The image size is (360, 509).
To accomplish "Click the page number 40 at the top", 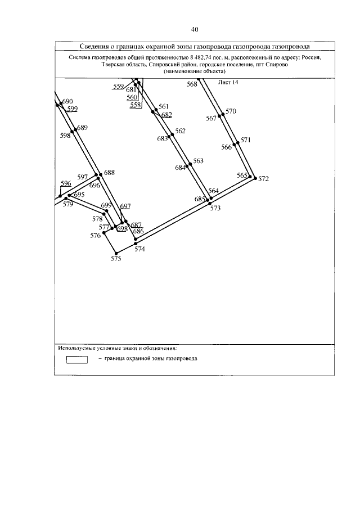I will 195,29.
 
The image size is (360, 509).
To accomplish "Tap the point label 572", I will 264,179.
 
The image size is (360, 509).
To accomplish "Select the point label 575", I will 115,259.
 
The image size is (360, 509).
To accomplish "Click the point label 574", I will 140,249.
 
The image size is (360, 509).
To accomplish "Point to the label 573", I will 215,208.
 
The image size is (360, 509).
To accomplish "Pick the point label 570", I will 231,111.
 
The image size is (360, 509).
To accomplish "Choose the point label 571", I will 245,140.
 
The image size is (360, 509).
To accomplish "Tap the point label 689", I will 83,128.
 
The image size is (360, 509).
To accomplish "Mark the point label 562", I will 180,131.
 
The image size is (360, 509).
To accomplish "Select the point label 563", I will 198,161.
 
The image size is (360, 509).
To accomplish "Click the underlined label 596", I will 66,183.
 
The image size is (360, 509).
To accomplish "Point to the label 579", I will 68,205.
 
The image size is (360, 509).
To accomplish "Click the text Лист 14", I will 228,82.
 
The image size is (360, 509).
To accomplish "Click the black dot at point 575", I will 115,253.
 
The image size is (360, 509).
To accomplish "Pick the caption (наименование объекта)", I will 195,72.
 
